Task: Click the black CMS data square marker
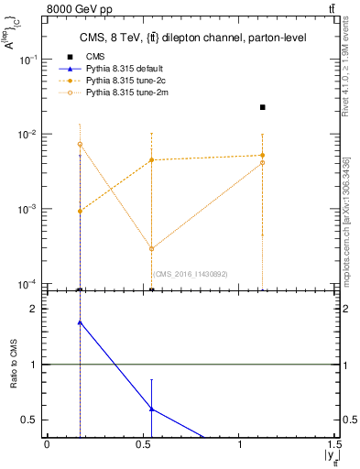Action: (x=263, y=107)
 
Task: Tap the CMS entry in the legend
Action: (x=94, y=57)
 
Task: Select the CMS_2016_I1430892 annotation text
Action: (x=190, y=274)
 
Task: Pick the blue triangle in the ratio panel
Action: (x=81, y=322)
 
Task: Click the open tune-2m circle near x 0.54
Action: (x=151, y=248)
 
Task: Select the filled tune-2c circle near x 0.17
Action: (x=81, y=211)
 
